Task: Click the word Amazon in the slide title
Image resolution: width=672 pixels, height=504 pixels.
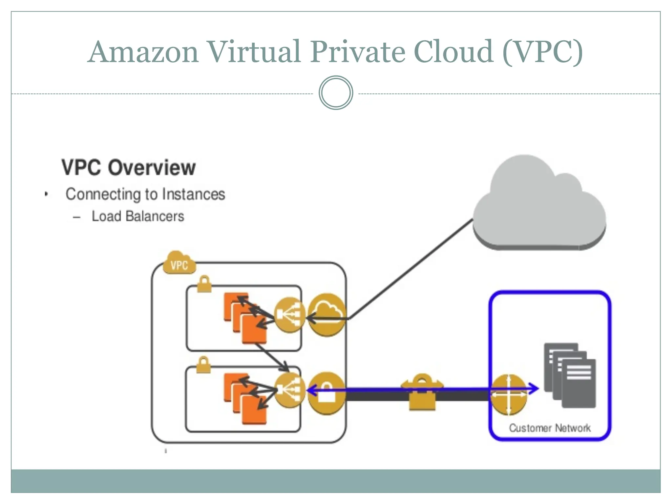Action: pyautogui.click(x=144, y=52)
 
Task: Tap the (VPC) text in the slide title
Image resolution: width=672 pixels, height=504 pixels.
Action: pyautogui.click(x=542, y=52)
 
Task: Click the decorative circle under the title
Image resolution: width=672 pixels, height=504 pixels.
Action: pyautogui.click(x=336, y=93)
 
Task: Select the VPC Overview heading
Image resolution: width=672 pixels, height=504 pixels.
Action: pyautogui.click(x=129, y=168)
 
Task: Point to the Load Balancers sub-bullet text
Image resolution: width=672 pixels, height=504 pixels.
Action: pyautogui.click(x=138, y=216)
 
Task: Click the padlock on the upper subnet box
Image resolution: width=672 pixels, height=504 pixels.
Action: pyautogui.click(x=204, y=284)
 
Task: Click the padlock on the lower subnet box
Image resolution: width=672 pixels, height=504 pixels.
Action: pyautogui.click(x=203, y=365)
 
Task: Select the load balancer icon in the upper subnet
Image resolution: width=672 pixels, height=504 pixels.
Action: pyautogui.click(x=289, y=315)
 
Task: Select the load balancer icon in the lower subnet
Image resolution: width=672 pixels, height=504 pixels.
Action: pyautogui.click(x=289, y=390)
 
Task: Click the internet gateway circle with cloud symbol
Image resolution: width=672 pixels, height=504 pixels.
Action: pyautogui.click(x=327, y=315)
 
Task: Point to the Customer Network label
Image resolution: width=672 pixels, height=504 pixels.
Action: pyautogui.click(x=550, y=428)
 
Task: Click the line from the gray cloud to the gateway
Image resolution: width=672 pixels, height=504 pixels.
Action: pyautogui.click(x=410, y=269)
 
